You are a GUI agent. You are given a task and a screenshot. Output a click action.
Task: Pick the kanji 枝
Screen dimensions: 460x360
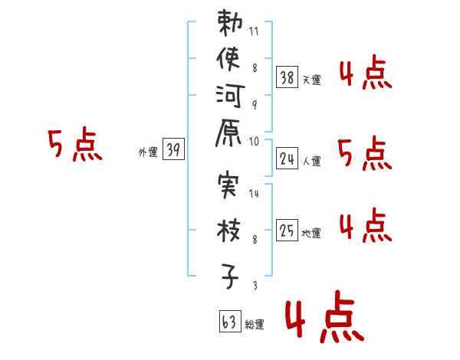coord(230,230)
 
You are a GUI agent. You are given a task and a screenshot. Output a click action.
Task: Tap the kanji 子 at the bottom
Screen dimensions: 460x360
coord(230,274)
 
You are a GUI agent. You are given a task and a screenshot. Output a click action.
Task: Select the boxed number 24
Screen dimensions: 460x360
coord(287,159)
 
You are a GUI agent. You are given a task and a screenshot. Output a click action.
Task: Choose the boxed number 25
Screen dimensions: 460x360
coord(287,231)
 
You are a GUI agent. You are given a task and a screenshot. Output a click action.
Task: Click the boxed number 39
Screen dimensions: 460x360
coord(173,150)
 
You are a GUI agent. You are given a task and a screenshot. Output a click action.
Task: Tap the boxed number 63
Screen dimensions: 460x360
coord(229,322)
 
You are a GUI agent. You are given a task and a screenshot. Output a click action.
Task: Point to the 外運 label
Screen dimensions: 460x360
coord(148,152)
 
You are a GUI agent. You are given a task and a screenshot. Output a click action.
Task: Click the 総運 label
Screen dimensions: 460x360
coord(255,325)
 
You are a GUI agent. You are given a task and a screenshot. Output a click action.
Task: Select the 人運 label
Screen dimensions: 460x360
coord(311,161)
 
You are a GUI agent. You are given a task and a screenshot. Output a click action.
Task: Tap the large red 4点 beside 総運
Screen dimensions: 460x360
coord(323,320)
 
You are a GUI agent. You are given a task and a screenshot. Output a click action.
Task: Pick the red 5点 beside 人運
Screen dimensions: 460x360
coord(365,155)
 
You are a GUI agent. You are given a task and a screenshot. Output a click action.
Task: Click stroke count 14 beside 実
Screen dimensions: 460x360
coord(255,194)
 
